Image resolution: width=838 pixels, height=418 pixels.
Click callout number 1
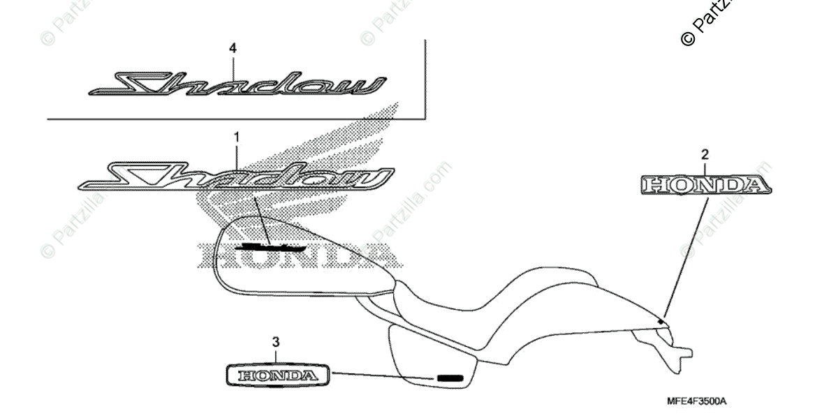coord(236,137)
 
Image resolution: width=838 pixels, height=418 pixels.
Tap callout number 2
coord(705,154)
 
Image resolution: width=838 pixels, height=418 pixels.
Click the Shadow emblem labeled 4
coord(237,84)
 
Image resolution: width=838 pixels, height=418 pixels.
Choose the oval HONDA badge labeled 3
coord(277,375)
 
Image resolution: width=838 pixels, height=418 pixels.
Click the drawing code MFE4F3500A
coord(696,402)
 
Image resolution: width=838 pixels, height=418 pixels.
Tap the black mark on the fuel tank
coord(271,246)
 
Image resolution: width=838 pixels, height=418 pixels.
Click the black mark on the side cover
coord(450,378)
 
